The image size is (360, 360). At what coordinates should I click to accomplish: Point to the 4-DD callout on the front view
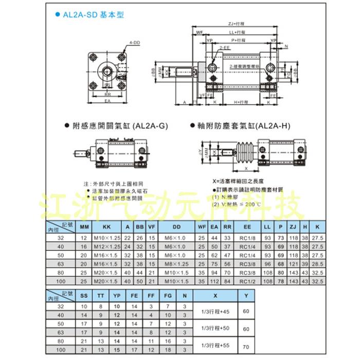click(x=135, y=43)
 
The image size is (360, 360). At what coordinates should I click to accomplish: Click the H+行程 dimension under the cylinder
click(x=242, y=103)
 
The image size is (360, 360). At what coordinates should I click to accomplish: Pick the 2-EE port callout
click(x=224, y=47)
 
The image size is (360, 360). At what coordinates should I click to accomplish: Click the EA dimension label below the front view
click(x=108, y=102)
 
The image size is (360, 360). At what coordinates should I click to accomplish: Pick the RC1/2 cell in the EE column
click(x=248, y=281)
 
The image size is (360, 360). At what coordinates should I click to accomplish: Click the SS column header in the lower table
click(x=84, y=296)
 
